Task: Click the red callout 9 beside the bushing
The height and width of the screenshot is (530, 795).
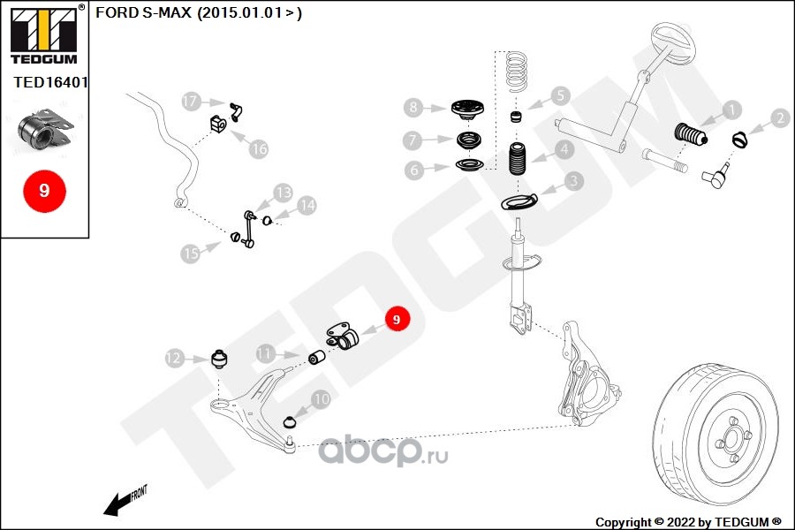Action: [x=396, y=319]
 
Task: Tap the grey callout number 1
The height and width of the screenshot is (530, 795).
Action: [x=732, y=110]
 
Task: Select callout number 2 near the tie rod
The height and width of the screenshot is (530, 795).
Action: [x=779, y=117]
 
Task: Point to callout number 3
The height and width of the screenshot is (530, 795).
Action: [x=573, y=181]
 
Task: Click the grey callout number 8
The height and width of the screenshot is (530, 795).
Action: [x=414, y=108]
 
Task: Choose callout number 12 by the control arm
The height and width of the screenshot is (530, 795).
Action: [x=173, y=358]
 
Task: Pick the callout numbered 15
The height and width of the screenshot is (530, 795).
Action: [x=190, y=254]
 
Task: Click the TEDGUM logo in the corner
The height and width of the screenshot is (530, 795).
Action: [x=43, y=36]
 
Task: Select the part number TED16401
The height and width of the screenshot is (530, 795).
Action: [x=50, y=82]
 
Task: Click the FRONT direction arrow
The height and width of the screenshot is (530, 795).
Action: [x=125, y=501]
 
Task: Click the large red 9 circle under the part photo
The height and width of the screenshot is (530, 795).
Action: [x=43, y=190]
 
